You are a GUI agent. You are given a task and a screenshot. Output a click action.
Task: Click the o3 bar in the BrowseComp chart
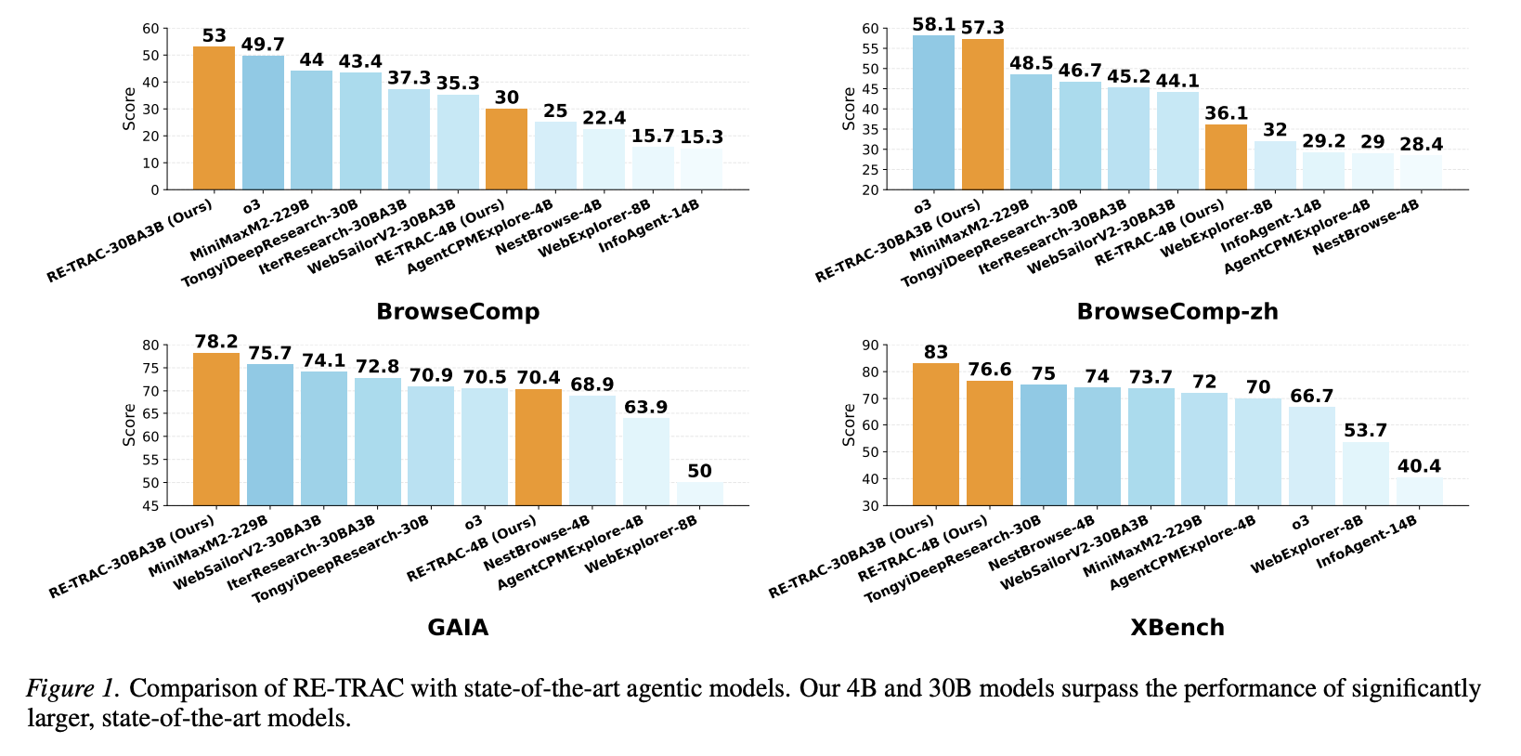pyautogui.click(x=263, y=123)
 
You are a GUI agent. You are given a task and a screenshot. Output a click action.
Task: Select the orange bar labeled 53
pyautogui.click(x=214, y=118)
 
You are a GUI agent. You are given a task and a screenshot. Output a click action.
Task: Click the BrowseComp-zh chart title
pyautogui.click(x=1176, y=312)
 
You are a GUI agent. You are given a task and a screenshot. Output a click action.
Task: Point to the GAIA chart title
pyautogui.click(x=458, y=628)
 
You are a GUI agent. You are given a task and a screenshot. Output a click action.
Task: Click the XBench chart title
pyautogui.click(x=1176, y=628)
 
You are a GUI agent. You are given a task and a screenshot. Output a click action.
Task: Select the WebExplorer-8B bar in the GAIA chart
pyautogui.click(x=699, y=494)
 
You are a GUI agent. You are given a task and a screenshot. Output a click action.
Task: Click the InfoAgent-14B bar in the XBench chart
pyautogui.click(x=1419, y=492)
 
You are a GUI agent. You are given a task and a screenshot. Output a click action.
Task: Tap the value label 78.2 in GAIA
pyautogui.click(x=216, y=342)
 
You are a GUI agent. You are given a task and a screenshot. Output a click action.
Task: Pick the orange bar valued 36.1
pyautogui.click(x=1226, y=157)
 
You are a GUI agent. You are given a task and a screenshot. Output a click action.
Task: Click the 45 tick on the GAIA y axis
pyautogui.click(x=150, y=506)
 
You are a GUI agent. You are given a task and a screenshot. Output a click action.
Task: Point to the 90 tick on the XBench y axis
pyautogui.click(x=870, y=345)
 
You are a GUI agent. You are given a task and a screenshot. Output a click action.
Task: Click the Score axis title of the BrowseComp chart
pyautogui.click(x=129, y=109)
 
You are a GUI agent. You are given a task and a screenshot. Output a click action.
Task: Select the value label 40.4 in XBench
pyautogui.click(x=1419, y=467)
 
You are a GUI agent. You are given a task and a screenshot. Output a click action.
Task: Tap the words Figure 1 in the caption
pyautogui.click(x=71, y=688)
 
